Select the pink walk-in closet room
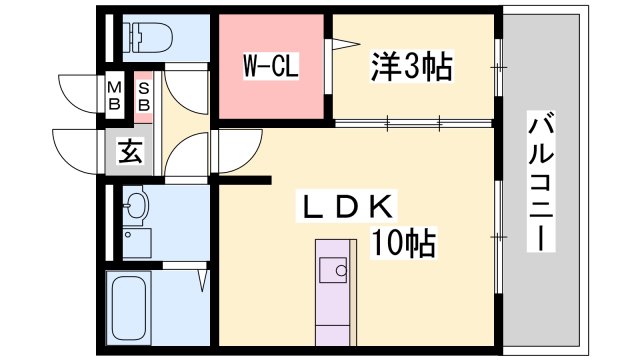click(x=275, y=95)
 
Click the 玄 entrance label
click(x=131, y=152)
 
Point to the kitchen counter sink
click(x=333, y=270)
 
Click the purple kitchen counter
click(x=333, y=310)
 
